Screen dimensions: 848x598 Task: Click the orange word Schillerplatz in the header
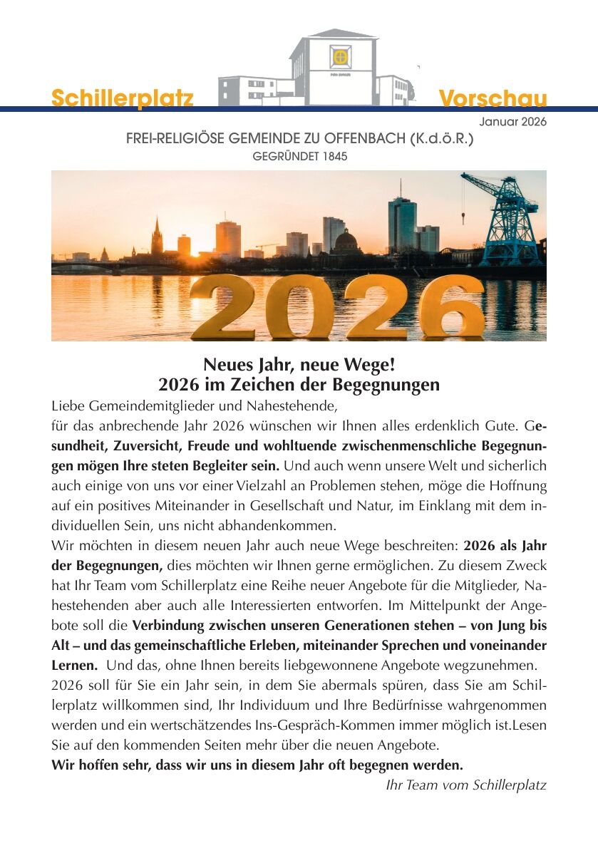(122, 98)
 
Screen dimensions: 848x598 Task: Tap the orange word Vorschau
(493, 98)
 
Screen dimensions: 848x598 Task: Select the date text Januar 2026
(512, 122)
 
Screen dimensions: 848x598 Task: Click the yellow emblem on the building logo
(341, 55)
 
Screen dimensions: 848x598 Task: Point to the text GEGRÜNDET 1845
(300, 156)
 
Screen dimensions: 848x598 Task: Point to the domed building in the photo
(346, 242)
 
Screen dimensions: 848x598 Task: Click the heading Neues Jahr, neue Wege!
(299, 365)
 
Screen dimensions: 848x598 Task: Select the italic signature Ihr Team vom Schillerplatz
(465, 785)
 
